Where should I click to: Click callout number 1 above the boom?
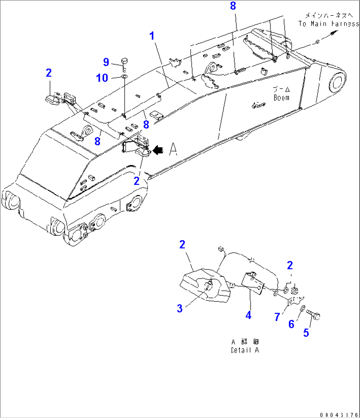[152, 36]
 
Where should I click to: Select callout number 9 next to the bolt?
[106, 62]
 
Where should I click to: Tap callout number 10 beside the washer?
[102, 78]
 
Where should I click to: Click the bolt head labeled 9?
[125, 61]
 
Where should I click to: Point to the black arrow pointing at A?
[158, 150]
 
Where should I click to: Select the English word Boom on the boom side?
[281, 98]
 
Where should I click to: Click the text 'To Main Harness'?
[328, 24]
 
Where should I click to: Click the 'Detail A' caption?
[245, 350]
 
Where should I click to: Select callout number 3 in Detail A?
[180, 309]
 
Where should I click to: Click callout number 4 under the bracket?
[248, 315]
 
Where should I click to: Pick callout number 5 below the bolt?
[306, 333]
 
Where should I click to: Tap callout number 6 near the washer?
[291, 324]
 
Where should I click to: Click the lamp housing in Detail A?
[205, 286]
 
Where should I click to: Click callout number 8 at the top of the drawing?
[233, 6]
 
